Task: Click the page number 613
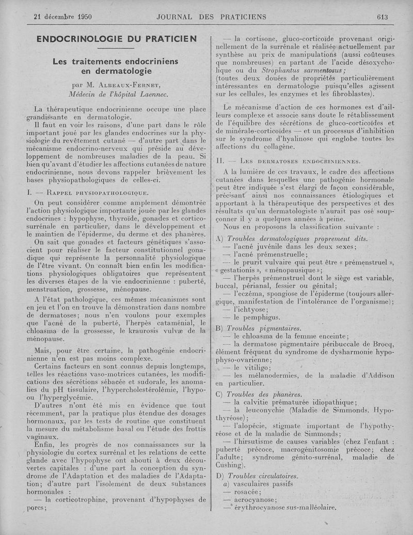(382, 17)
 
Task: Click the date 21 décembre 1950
(62, 17)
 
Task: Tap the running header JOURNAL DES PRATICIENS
(212, 17)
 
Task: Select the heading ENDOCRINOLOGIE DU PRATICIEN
(117, 39)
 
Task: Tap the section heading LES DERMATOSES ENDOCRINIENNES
(297, 161)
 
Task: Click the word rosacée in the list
(247, 492)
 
